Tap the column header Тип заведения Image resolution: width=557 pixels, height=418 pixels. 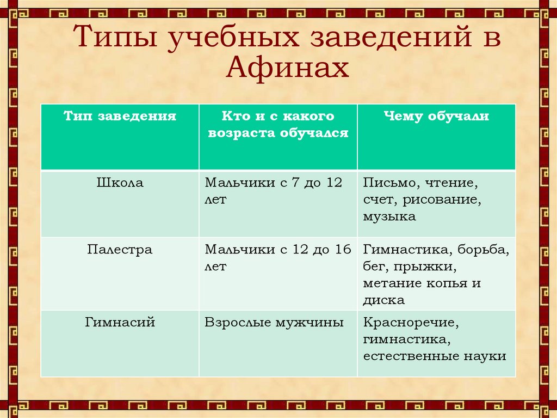click(x=120, y=117)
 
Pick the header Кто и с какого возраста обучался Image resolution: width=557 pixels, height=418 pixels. click(x=278, y=125)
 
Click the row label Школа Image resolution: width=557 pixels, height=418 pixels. click(x=120, y=183)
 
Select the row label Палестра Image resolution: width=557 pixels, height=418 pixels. click(x=120, y=250)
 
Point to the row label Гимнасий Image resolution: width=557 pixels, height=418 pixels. click(x=120, y=323)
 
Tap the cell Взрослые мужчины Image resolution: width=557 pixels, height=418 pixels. click(x=274, y=323)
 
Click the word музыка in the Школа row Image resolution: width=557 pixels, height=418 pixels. click(x=389, y=217)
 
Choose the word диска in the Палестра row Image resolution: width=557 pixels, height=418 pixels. click(x=384, y=300)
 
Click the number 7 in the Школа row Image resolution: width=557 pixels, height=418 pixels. click(x=299, y=183)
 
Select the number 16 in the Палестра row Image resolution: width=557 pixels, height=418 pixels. click(x=343, y=250)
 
